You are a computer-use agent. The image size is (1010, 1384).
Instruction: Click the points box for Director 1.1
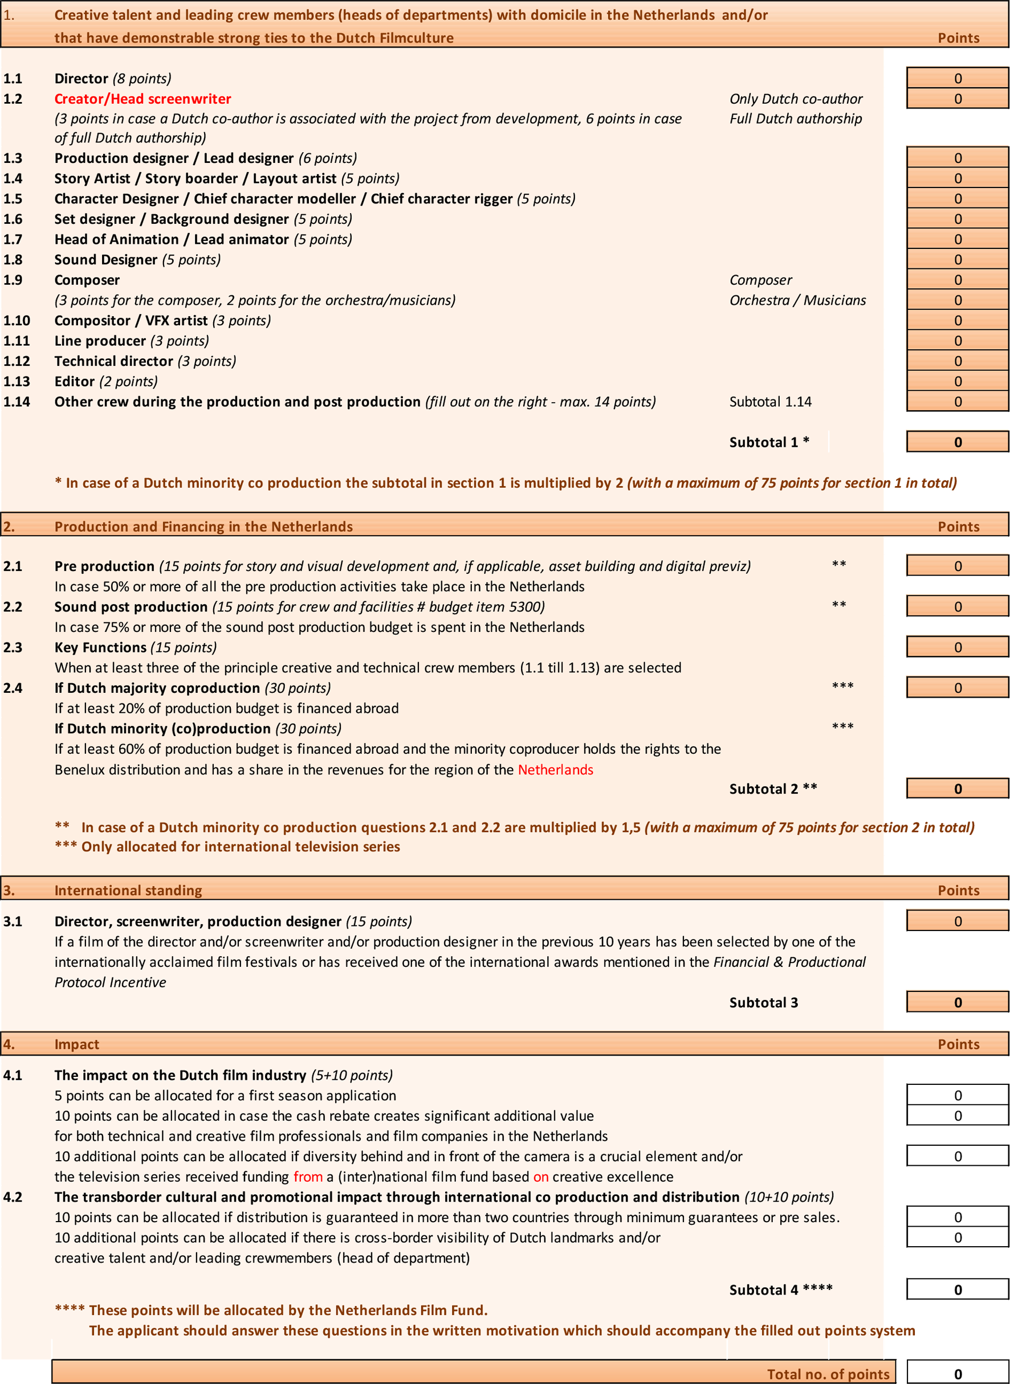957,78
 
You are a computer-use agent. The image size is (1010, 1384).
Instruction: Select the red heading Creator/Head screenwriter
142,99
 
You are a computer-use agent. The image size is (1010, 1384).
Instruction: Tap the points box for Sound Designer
957,260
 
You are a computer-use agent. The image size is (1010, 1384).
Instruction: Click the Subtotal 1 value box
957,442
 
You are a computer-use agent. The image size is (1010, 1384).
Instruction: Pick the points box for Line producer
957,341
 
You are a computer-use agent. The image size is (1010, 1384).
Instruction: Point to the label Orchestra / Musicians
797,300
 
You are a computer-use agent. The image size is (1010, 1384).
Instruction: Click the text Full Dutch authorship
796,119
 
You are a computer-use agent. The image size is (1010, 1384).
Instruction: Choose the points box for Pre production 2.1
957,566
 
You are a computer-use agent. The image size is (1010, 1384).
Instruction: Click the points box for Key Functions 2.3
957,647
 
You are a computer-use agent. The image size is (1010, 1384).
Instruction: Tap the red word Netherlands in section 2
555,769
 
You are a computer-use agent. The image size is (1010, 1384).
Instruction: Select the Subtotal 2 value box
957,789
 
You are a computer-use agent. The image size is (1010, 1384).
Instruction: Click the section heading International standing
128,890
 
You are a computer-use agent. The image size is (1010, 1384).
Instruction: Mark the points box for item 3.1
957,921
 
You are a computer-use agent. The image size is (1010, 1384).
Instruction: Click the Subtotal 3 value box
957,1002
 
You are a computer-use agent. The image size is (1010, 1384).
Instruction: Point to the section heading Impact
76,1044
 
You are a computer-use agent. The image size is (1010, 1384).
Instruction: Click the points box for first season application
957,1096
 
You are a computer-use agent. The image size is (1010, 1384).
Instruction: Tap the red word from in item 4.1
308,1177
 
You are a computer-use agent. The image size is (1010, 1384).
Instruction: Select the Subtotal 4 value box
957,1289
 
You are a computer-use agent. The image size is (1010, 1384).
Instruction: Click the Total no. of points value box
957,1374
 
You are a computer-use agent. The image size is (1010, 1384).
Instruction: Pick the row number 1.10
17,321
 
